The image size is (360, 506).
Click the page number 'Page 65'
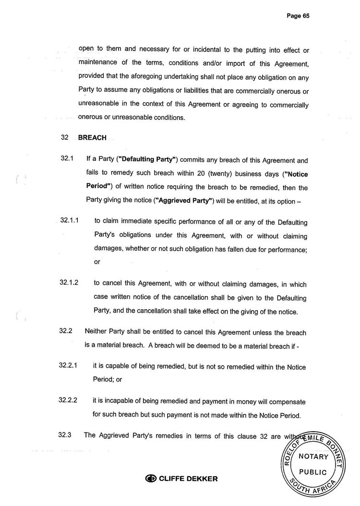click(x=298, y=16)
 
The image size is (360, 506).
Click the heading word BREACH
click(x=92, y=138)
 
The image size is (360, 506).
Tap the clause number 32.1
click(x=67, y=161)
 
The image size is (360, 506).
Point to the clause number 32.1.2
click(x=69, y=283)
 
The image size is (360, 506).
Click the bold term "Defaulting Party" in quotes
click(x=149, y=161)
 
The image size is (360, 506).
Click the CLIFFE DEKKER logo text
click(x=188, y=479)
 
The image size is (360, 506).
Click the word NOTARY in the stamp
click(x=313, y=457)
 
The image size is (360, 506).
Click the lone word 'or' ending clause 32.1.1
click(x=97, y=262)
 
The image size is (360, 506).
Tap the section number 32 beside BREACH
click(x=65, y=138)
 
